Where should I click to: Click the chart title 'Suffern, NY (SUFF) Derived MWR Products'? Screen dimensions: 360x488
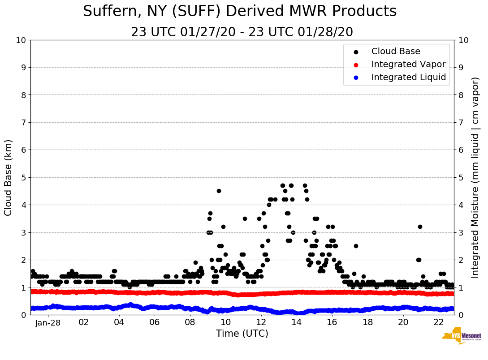pyautogui.click(x=240, y=11)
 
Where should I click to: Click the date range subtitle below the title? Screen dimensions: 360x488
pyautogui.click(x=242, y=32)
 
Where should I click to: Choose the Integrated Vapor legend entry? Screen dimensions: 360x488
pyautogui.click(x=408, y=64)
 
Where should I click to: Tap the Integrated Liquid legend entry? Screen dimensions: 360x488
pyautogui.click(x=408, y=77)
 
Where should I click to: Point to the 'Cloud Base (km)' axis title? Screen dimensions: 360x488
pyautogui.click(x=9, y=177)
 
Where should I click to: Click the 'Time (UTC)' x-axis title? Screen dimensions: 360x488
pyautogui.click(x=242, y=334)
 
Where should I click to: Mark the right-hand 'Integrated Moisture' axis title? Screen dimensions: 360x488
pyautogui.click(x=475, y=177)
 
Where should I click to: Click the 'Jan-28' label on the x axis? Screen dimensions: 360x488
pyautogui.click(x=48, y=322)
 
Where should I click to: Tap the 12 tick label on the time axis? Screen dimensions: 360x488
pyautogui.click(x=261, y=322)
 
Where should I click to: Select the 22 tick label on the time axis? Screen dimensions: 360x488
pyautogui.click(x=439, y=322)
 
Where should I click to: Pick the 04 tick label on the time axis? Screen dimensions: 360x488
pyautogui.click(x=119, y=322)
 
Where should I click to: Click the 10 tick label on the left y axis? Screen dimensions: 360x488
pyautogui.click(x=21, y=40)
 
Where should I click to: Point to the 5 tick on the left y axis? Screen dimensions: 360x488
pyautogui.click(x=23, y=177)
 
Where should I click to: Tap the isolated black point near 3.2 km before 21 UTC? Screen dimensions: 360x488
pyautogui.click(x=420, y=227)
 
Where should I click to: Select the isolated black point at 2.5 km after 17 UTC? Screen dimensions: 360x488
pyautogui.click(x=356, y=246)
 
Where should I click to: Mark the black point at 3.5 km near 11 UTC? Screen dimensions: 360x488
pyautogui.click(x=245, y=219)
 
